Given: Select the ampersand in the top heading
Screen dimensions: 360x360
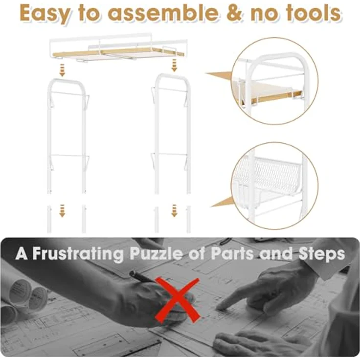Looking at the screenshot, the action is coord(235,13).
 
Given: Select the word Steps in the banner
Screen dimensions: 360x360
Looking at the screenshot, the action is coord(322,254).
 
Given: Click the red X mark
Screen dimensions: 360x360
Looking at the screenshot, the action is coord(177,300).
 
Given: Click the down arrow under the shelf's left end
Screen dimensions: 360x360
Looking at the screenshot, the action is coord(62,70).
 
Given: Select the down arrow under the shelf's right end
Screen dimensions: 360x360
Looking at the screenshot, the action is coord(174,65).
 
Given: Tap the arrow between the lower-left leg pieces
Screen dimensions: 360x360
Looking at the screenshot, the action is coord(62,210).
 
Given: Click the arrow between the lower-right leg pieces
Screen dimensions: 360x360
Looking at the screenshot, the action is coord(174,210).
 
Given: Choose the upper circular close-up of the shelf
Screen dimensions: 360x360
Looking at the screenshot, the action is coord(274,81).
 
